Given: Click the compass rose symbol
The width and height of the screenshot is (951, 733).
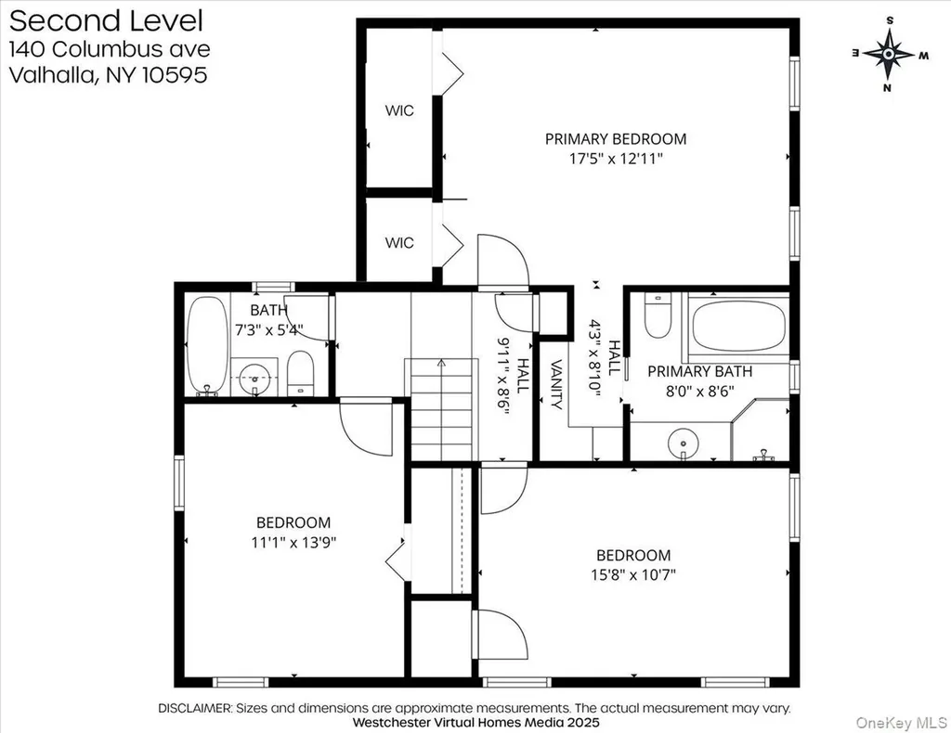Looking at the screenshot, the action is pos(889,54).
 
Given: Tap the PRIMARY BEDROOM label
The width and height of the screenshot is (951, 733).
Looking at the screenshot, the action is pos(616,139).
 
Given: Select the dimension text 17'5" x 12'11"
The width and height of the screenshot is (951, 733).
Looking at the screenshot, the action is pos(616,160).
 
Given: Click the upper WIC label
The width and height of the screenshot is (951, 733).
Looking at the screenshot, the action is pos(399,110).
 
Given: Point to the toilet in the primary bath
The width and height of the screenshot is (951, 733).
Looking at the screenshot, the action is pos(658,315).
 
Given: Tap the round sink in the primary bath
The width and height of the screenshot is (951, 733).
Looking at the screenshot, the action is pos(683,443).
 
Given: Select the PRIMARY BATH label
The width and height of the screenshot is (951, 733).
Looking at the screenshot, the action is pos(700,371).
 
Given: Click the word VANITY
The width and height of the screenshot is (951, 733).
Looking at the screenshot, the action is pos(556,384).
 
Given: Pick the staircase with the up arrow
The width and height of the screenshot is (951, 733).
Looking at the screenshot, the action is pos(441,409).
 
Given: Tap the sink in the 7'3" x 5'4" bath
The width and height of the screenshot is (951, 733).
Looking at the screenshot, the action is pos(254,378).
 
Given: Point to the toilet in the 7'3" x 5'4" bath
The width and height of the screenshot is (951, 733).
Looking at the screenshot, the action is pos(300,373).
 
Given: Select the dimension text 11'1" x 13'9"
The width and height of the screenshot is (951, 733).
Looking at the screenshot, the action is pos(293,542).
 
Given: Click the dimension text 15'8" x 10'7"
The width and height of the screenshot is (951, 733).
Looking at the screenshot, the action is pos(633,574).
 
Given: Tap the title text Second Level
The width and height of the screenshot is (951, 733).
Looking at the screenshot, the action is pos(106,20).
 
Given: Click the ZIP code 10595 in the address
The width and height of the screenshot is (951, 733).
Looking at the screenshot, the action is pos(175,74).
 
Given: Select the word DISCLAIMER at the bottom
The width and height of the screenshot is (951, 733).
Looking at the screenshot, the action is pos(195,708).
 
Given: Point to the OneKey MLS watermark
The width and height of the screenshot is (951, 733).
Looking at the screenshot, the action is pos(901,722).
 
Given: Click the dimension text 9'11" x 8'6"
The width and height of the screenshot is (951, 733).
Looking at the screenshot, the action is pos(503,376).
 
